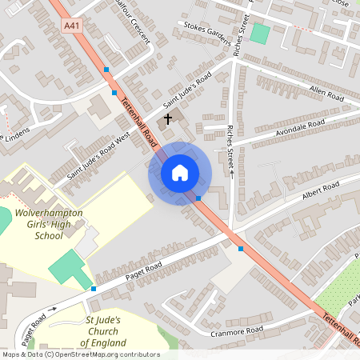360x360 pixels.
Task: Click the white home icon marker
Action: click(x=180, y=173)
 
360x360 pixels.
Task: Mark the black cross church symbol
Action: click(x=168, y=119)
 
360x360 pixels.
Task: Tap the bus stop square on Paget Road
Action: click(x=94, y=288)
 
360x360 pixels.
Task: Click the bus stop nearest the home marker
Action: click(x=198, y=197)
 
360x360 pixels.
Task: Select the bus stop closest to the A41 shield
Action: click(x=106, y=70)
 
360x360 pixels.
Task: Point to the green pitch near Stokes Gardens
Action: click(x=259, y=34)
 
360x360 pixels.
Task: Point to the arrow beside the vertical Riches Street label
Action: click(x=231, y=171)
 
